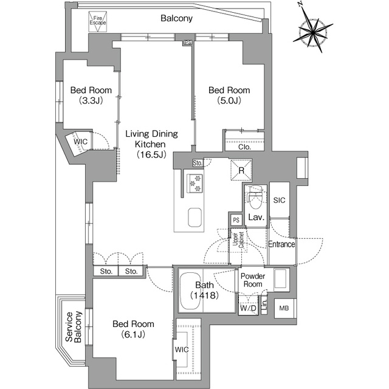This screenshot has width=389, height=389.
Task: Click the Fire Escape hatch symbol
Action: (98, 22)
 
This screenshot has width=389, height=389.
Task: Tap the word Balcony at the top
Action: (177, 18)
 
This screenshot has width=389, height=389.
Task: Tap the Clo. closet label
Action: (245, 146)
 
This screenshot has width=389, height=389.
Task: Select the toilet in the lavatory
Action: (255, 196)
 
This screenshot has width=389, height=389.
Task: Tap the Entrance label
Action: (281, 244)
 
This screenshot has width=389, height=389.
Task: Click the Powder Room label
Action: (252, 280)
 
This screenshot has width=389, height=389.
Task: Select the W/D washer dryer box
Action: (248, 309)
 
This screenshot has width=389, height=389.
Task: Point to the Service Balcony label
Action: (73, 328)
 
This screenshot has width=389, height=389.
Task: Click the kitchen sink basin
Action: (195, 216)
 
